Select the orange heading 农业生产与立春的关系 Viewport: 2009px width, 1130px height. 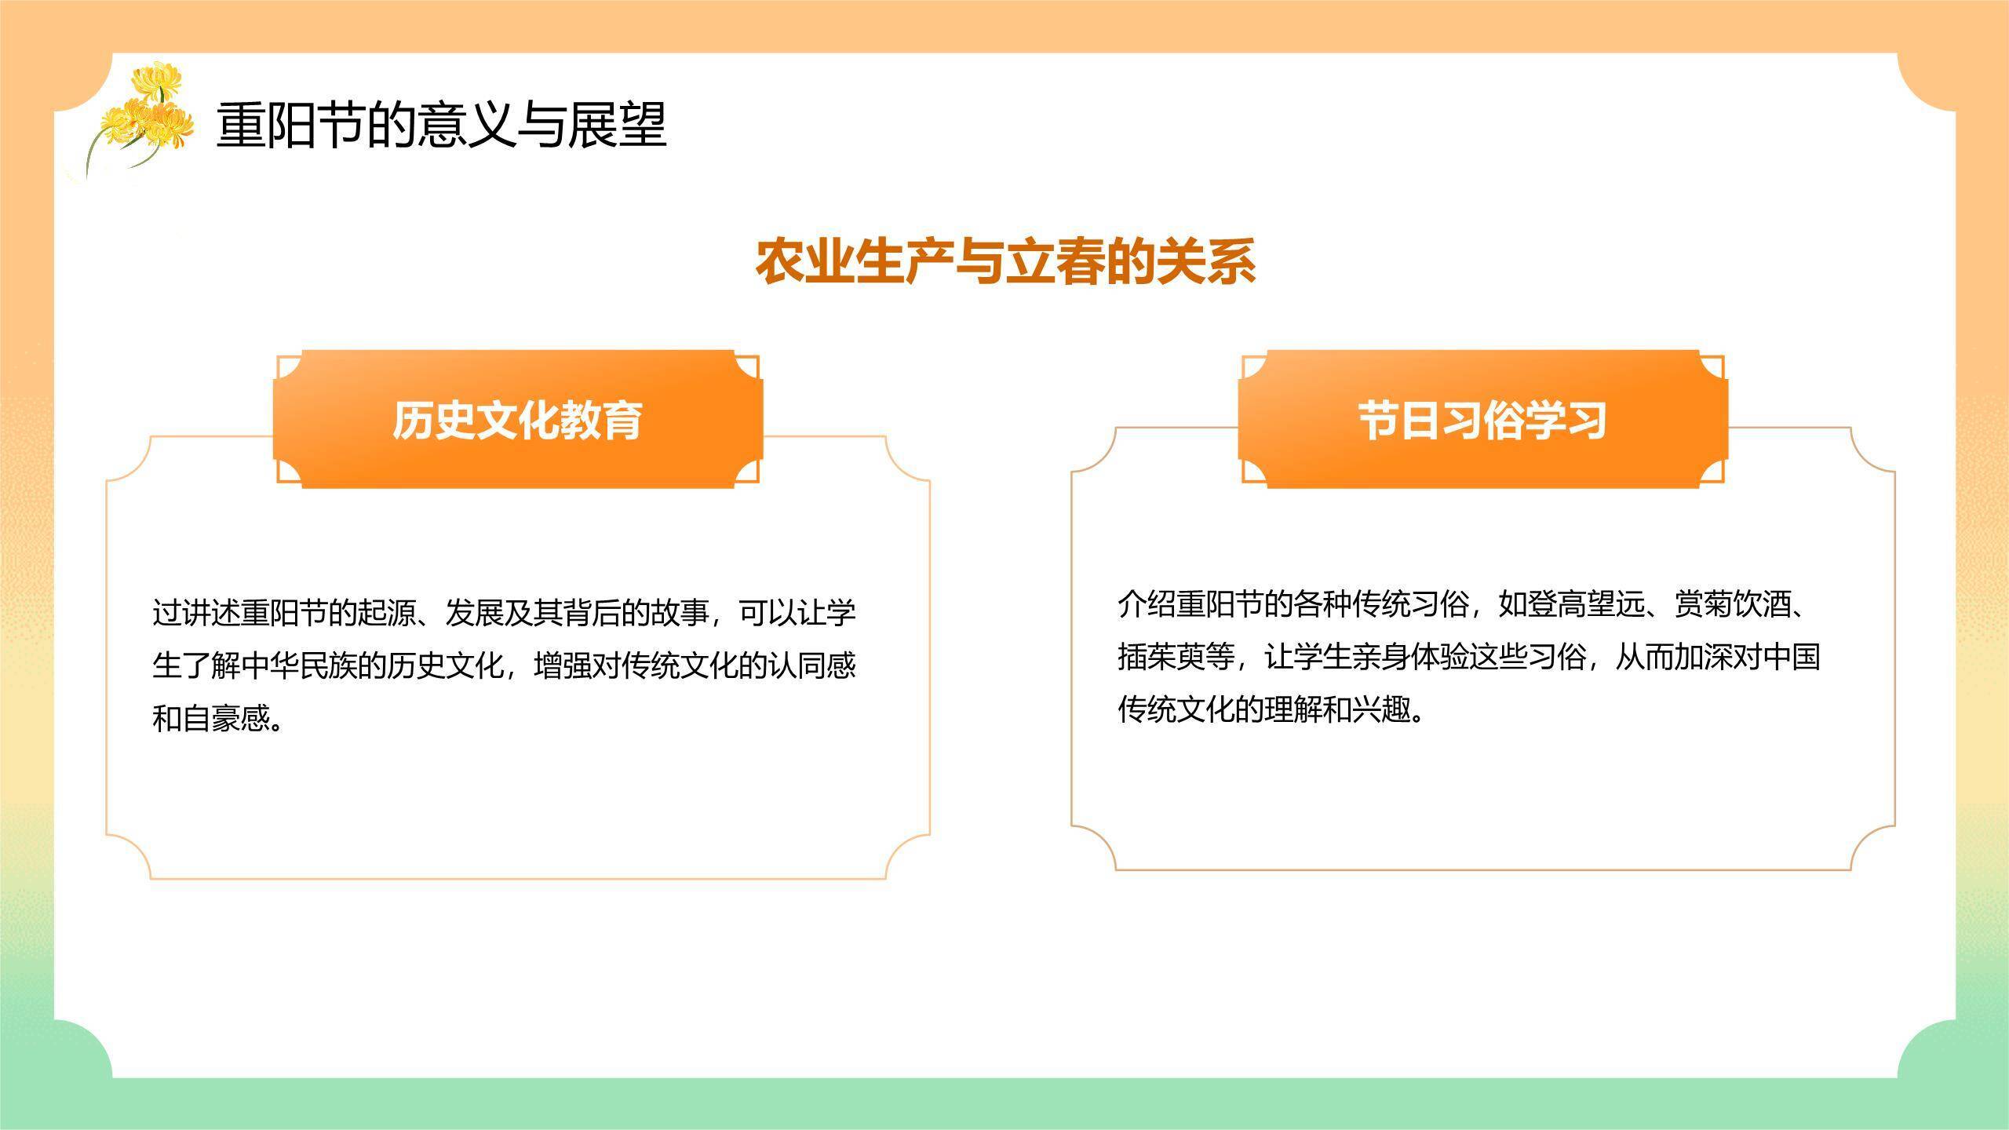tap(1005, 261)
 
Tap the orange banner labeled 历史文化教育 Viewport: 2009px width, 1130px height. tap(518, 420)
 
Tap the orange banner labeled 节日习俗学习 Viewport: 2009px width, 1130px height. tap(1482, 420)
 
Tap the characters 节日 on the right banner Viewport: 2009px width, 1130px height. tap(1390, 420)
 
